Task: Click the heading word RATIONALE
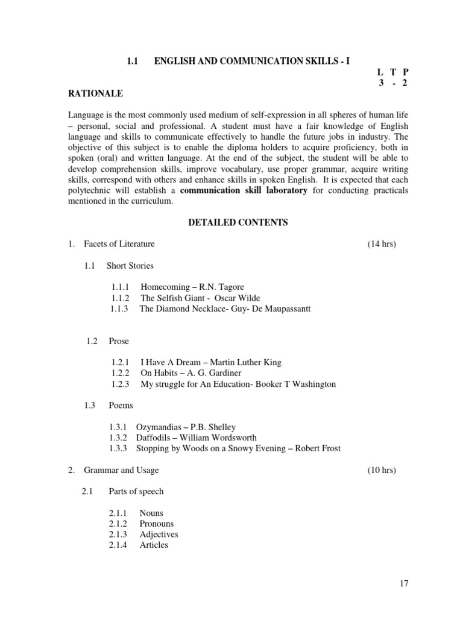pyautogui.click(x=96, y=93)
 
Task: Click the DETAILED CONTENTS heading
pyautogui.click(x=238, y=223)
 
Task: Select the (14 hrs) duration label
pyautogui.click(x=382, y=244)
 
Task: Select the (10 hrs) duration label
pyautogui.click(x=382, y=470)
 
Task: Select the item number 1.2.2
pyautogui.click(x=121, y=373)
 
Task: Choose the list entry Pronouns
pyautogui.click(x=157, y=524)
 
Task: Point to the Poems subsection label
pyautogui.click(x=121, y=406)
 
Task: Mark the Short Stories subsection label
pyautogui.click(x=130, y=266)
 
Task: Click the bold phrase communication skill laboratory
pyautogui.click(x=244, y=190)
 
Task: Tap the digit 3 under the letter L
pyautogui.click(x=381, y=83)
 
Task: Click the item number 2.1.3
pyautogui.click(x=118, y=534)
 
